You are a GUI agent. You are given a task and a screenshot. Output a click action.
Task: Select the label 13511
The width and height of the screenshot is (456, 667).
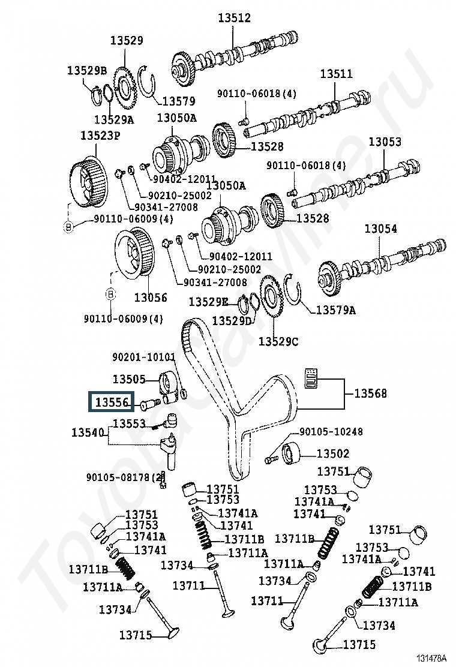(x=336, y=74)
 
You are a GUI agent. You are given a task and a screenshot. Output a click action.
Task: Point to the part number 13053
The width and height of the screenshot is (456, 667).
(x=385, y=142)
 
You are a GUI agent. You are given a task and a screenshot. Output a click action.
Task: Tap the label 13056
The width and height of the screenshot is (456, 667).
(x=151, y=298)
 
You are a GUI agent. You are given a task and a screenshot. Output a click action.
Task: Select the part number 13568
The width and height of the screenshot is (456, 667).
(x=370, y=393)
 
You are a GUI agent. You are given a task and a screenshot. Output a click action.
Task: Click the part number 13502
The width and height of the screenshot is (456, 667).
(x=333, y=454)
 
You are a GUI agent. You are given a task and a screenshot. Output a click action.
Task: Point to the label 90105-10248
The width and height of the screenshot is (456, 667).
(x=331, y=432)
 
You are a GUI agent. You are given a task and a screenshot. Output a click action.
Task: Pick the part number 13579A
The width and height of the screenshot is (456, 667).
(x=336, y=310)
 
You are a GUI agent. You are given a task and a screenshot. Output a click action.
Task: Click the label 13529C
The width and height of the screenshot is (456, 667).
(x=278, y=341)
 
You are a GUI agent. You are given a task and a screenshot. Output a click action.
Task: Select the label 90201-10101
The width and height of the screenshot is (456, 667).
(x=144, y=357)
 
